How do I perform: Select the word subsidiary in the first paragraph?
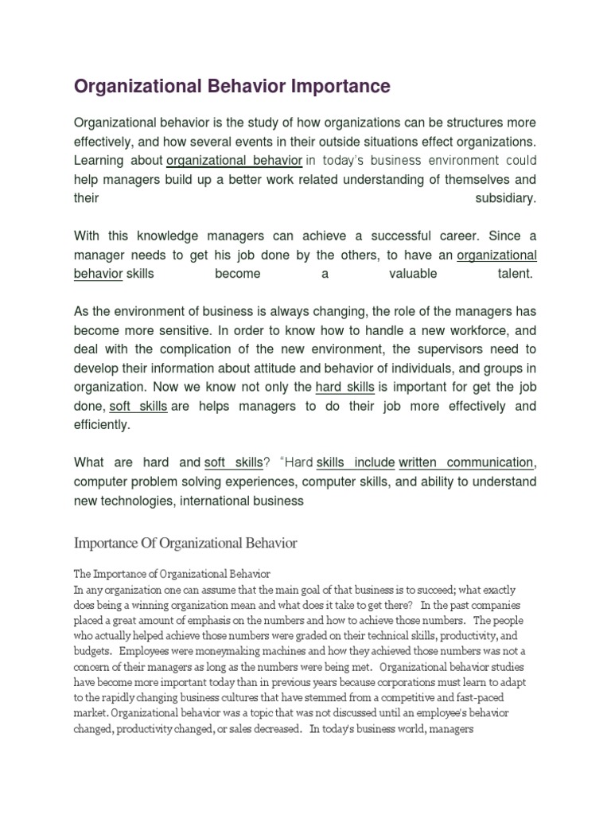506,198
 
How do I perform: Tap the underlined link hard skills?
344,388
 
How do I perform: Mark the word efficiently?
101,425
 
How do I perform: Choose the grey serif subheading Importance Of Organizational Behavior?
185,544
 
